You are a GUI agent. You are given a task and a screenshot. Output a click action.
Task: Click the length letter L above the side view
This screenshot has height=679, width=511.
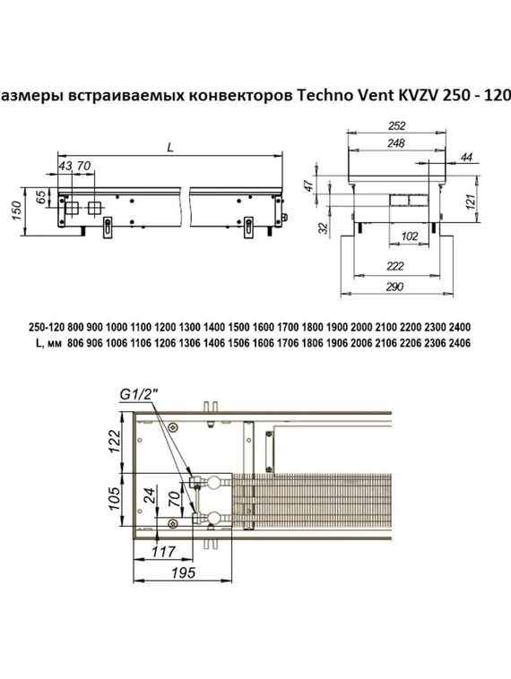[x=170, y=149]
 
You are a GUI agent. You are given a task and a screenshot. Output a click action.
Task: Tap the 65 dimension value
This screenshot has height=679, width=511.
[x=40, y=199]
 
